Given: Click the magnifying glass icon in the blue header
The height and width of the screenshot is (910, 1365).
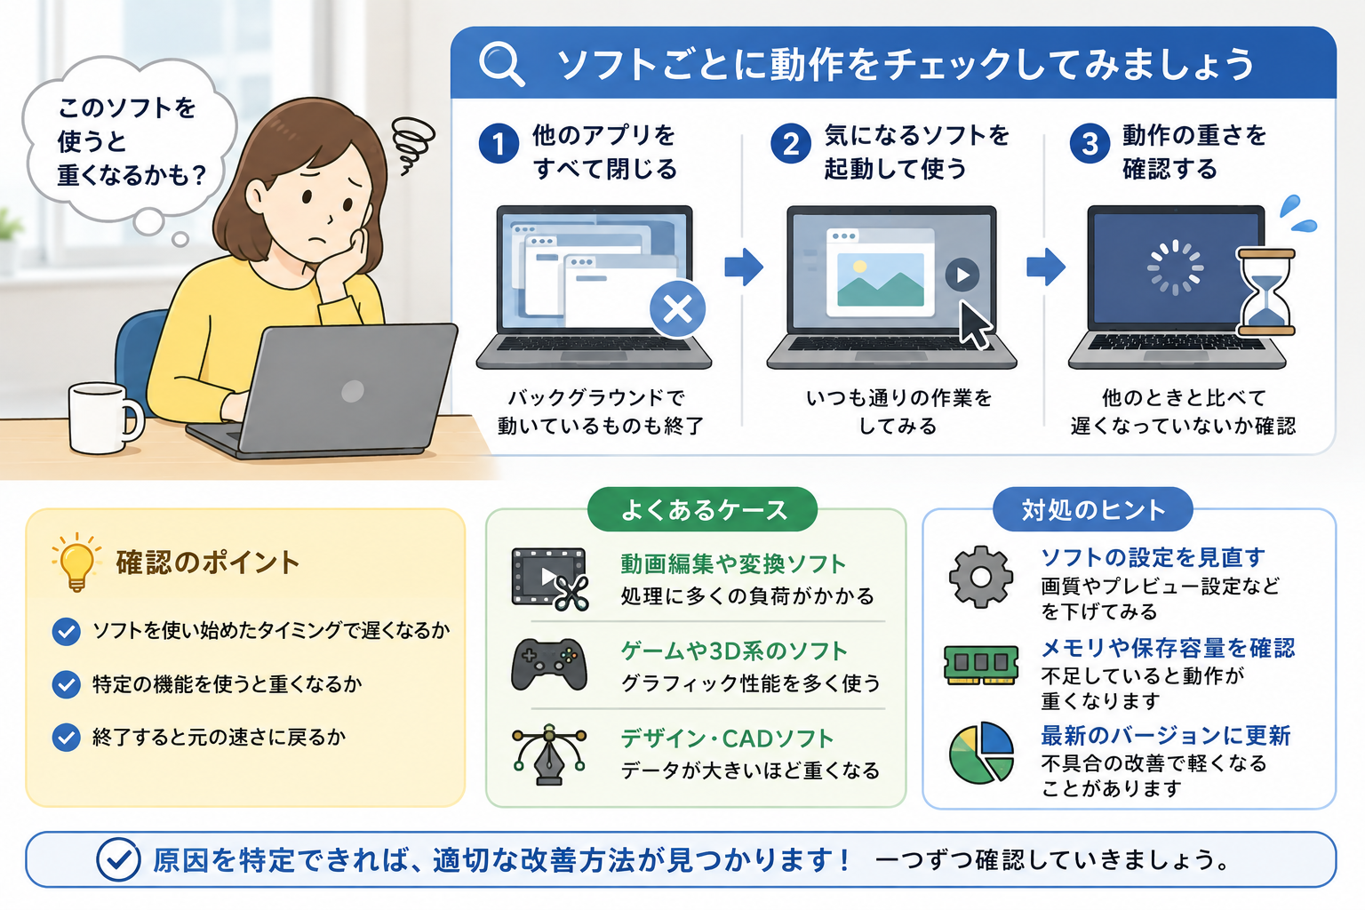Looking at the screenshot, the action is pyautogui.click(x=501, y=64).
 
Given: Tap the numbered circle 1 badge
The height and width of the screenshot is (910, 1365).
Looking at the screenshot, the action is pyautogui.click(x=499, y=144).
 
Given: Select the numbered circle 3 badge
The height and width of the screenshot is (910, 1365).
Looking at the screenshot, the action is pyautogui.click(x=1090, y=144).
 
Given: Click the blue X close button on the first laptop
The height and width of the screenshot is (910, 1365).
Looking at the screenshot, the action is pyautogui.click(x=678, y=309).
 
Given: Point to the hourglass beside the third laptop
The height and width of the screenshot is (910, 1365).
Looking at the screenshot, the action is pyautogui.click(x=1265, y=292).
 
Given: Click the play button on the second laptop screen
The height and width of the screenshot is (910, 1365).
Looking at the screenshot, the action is pyautogui.click(x=962, y=275).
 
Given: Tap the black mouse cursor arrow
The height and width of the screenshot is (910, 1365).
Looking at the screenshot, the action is pyautogui.click(x=975, y=325).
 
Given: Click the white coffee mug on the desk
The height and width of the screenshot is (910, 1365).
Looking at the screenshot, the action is pyautogui.click(x=105, y=419).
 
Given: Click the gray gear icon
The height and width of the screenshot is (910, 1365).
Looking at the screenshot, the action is pyautogui.click(x=980, y=577).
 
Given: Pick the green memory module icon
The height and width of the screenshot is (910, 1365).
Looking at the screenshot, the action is pyautogui.click(x=980, y=665).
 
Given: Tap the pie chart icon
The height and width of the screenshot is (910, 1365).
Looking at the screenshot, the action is pyautogui.click(x=981, y=753).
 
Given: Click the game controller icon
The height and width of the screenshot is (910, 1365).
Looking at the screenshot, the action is pyautogui.click(x=549, y=665).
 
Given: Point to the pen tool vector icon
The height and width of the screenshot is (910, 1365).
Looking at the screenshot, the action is pyautogui.click(x=549, y=754).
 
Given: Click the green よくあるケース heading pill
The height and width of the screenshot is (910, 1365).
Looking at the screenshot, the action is pyautogui.click(x=703, y=509).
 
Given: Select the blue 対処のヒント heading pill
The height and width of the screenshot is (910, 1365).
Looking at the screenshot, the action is pyautogui.click(x=1092, y=509).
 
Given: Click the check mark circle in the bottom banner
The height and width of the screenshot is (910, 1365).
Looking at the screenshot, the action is pyautogui.click(x=118, y=859).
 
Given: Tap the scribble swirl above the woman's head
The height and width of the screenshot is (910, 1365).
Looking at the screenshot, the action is pyautogui.click(x=412, y=145).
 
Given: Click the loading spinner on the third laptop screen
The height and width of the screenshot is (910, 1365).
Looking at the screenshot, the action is pyautogui.click(x=1176, y=267).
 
